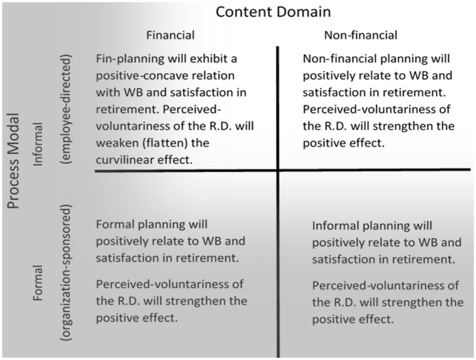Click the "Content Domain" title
click(273, 12)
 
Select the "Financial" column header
click(170, 35)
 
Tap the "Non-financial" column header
click(361, 35)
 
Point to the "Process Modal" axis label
click(13, 161)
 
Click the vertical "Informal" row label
click(37, 144)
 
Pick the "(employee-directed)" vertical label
click(65, 109)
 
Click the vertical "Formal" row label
click(37, 283)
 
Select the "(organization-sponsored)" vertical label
click(65, 273)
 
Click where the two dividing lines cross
click(278, 170)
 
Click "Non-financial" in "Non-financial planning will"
click(340, 59)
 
